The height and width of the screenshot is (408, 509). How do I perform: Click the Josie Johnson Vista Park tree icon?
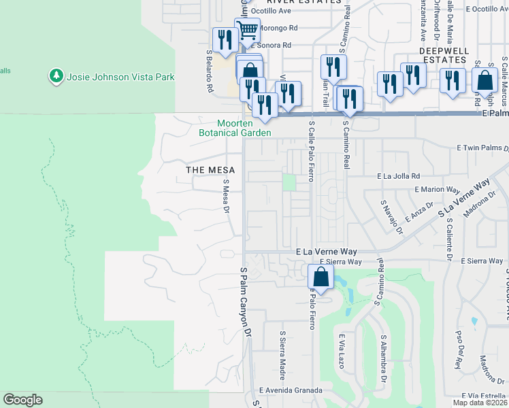[x=56, y=76]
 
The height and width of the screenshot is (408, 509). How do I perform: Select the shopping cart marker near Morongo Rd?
[x=247, y=30]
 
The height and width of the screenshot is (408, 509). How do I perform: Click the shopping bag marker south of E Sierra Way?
[x=321, y=277]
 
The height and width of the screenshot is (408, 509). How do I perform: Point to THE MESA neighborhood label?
[x=210, y=169]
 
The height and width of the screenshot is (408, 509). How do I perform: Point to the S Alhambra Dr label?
[x=384, y=357]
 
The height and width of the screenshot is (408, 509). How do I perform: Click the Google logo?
[x=23, y=400]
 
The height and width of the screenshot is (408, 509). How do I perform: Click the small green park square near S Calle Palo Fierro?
[x=290, y=182]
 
